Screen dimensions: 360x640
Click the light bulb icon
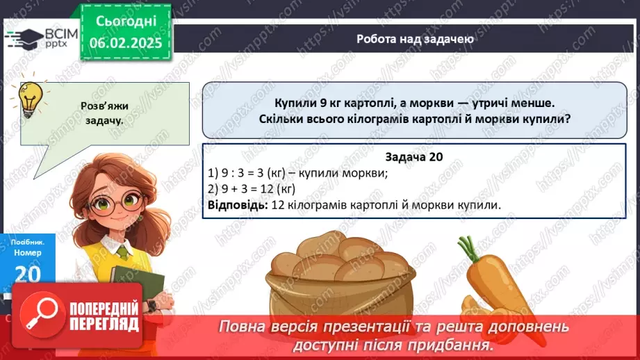point(29,97)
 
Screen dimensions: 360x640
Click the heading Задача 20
point(413,158)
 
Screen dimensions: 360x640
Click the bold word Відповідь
point(236,204)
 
